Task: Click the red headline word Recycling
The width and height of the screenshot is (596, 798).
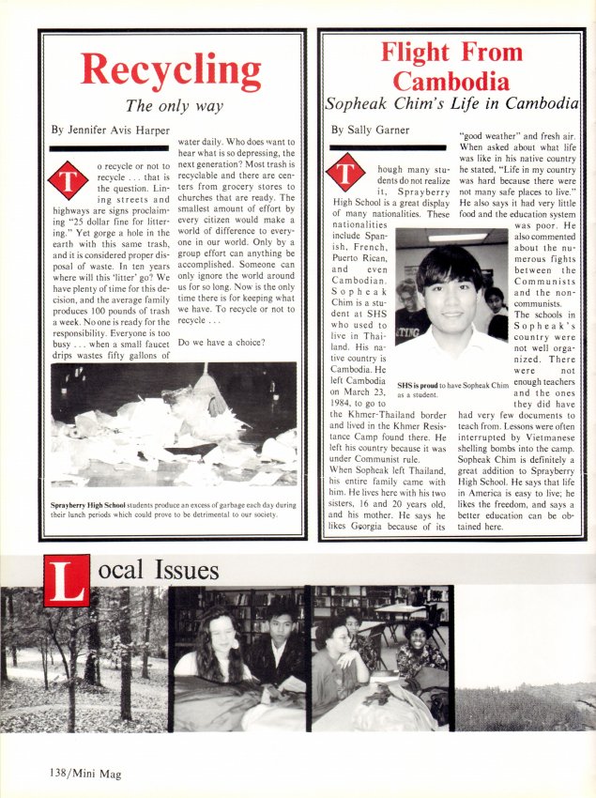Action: click(171, 70)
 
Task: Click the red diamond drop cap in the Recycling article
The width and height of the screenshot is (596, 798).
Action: click(68, 180)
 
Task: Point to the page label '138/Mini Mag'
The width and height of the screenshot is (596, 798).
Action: click(80, 774)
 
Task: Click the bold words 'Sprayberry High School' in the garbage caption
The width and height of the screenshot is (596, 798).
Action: click(84, 506)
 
